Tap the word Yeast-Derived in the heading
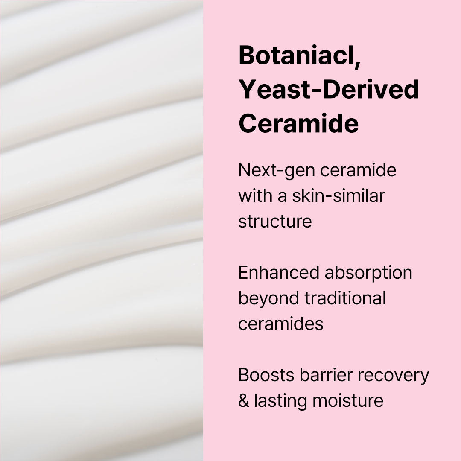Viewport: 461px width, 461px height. [x=329, y=89]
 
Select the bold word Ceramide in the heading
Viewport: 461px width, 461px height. [x=298, y=123]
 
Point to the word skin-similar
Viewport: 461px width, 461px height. [x=338, y=195]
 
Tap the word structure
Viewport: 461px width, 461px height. [x=275, y=222]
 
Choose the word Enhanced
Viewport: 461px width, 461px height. [x=279, y=272]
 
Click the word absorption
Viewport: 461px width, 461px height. [x=368, y=274]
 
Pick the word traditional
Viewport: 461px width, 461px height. [x=345, y=298]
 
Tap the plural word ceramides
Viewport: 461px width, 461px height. [x=281, y=324]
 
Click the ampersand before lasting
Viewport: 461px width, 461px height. [x=244, y=401]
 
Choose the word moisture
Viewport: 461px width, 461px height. [x=348, y=401]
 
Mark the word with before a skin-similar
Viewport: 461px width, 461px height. [x=255, y=195]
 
